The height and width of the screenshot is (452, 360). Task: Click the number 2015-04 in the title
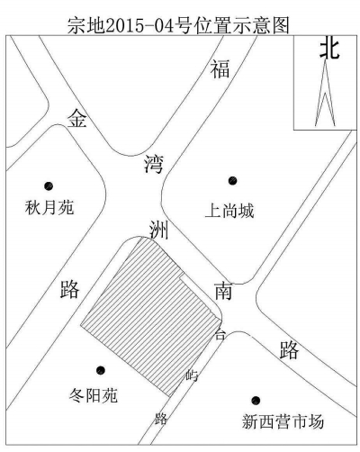pyautogui.click(x=139, y=25)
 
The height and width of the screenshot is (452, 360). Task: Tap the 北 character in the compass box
pyautogui.click(x=329, y=49)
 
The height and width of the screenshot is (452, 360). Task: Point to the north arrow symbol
pyautogui.click(x=325, y=93)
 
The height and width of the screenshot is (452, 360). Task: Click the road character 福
pyautogui.click(x=220, y=68)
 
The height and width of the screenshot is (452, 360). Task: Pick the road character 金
pyautogui.click(x=77, y=118)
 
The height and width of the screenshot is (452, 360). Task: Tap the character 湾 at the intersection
pyautogui.click(x=153, y=164)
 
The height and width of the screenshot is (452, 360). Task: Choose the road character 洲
pyautogui.click(x=158, y=231)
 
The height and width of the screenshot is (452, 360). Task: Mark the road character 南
pyautogui.click(x=223, y=291)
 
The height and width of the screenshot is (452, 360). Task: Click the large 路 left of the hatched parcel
pyautogui.click(x=69, y=289)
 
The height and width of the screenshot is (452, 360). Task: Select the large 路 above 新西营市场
pyautogui.click(x=289, y=350)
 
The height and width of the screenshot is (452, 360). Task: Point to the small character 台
pyautogui.click(x=220, y=334)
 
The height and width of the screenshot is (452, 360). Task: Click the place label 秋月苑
pyautogui.click(x=49, y=207)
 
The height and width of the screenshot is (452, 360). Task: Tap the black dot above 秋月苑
pyautogui.click(x=49, y=186)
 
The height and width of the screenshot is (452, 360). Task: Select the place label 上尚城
pyautogui.click(x=229, y=211)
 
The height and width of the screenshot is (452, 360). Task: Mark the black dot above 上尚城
pyautogui.click(x=232, y=181)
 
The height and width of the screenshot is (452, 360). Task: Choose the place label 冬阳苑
pyautogui.click(x=94, y=395)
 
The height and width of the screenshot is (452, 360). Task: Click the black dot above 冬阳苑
pyautogui.click(x=101, y=370)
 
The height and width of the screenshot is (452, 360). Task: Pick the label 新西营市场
pyautogui.click(x=283, y=421)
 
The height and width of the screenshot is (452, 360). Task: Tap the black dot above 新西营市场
pyautogui.click(x=256, y=400)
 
